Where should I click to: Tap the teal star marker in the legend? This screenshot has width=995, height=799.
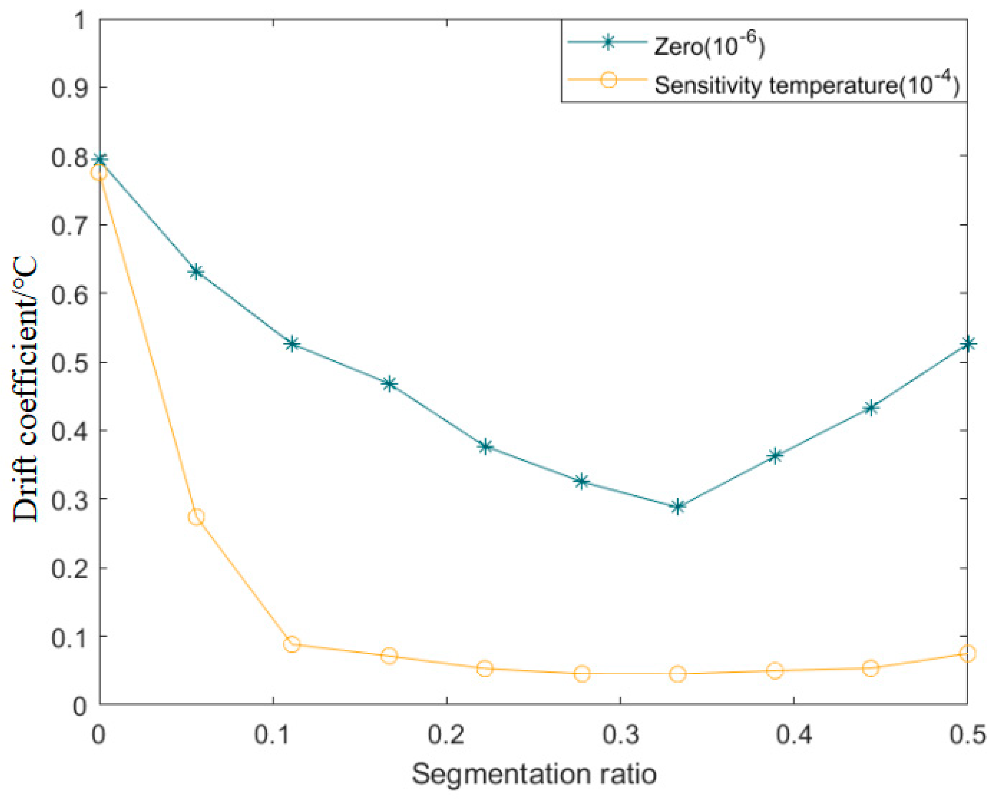(x=609, y=42)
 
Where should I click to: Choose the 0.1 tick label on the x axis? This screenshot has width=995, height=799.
(x=273, y=735)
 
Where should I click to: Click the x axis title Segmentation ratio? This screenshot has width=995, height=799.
(x=534, y=774)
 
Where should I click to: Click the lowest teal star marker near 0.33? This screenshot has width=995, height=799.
(x=678, y=507)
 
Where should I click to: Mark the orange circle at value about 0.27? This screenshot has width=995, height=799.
(x=196, y=517)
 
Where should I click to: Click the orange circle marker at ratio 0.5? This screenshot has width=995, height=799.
(x=967, y=654)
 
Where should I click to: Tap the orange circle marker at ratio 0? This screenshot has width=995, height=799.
(x=99, y=173)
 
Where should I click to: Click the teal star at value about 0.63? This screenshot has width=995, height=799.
(x=196, y=272)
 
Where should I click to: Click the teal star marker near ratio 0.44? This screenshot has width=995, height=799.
(x=870, y=408)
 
